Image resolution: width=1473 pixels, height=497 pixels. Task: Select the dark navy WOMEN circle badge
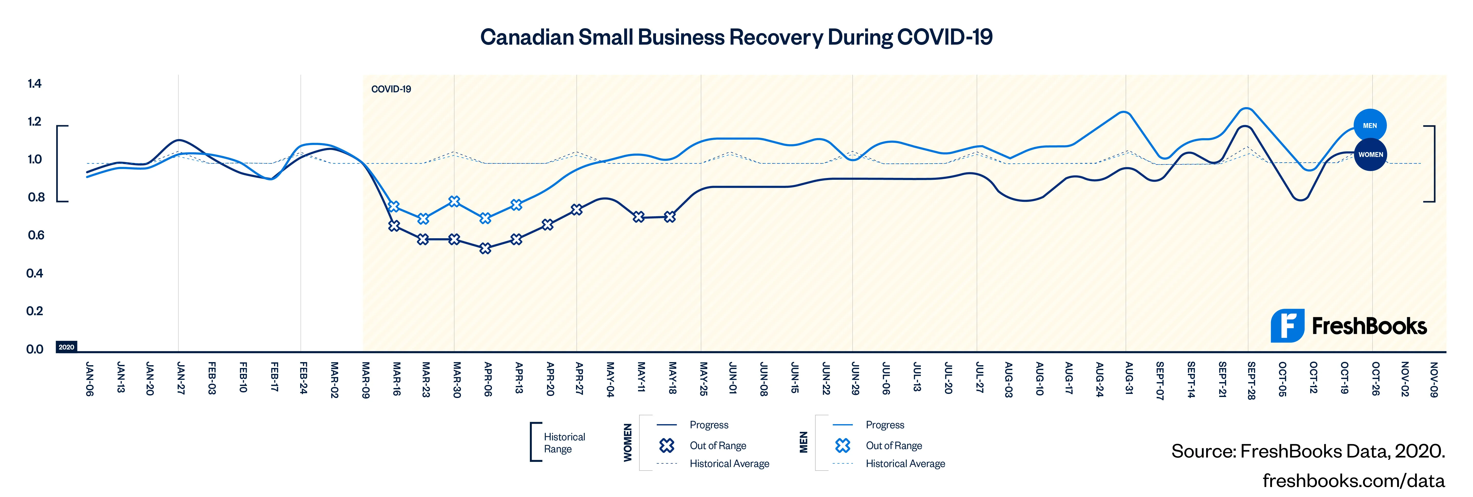point(1370,154)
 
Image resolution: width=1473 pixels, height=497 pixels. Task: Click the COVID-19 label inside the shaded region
point(391,89)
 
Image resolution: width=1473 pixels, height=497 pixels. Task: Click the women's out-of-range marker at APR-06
point(486,248)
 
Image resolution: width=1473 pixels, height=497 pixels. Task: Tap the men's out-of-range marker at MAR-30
point(454,201)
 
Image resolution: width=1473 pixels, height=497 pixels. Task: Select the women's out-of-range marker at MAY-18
point(670,217)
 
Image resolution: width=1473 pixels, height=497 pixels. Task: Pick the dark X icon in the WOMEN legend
point(667,445)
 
